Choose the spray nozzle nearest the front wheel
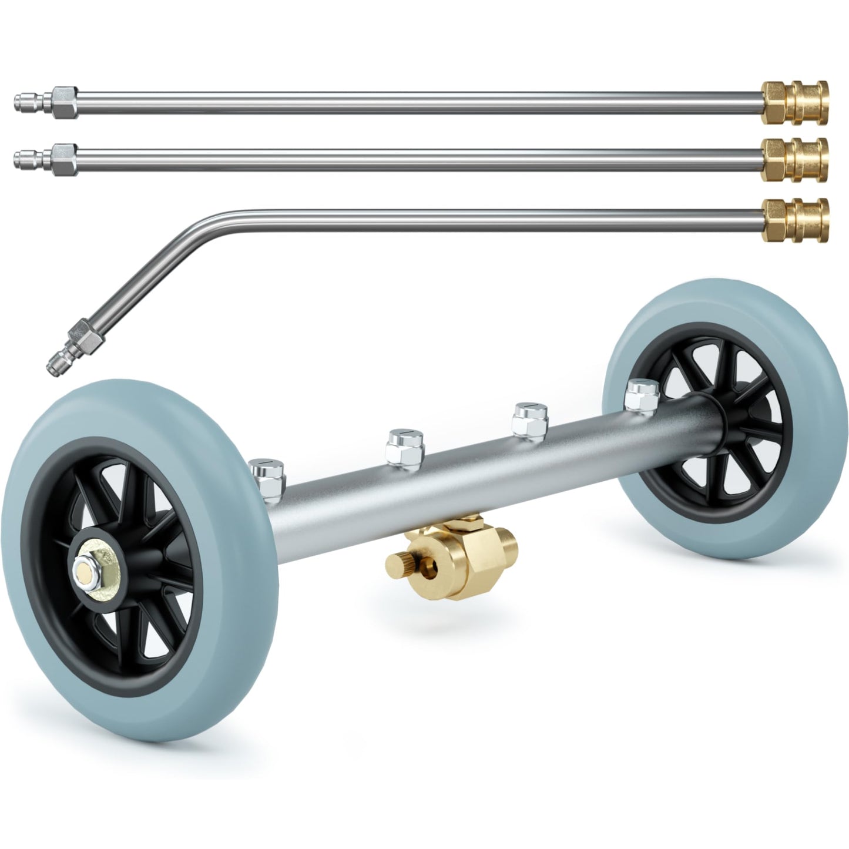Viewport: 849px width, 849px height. click(267, 472)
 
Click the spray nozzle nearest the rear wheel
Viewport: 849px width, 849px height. click(642, 394)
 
